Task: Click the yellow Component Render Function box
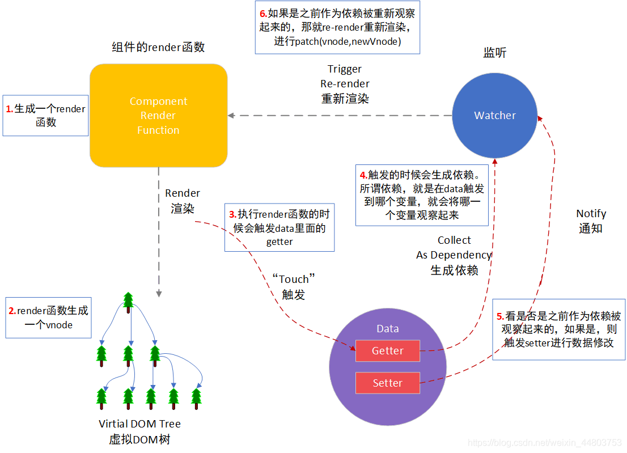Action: click(x=158, y=116)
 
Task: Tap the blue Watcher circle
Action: click(x=495, y=116)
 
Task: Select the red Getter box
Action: click(x=388, y=351)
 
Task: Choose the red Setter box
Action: click(x=388, y=383)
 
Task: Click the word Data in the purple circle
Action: click(x=388, y=329)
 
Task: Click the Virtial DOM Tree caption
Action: click(x=139, y=424)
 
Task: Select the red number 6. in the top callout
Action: click(x=263, y=14)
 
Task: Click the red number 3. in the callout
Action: click(x=232, y=215)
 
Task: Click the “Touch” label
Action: click(x=293, y=280)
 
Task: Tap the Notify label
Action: click(x=591, y=214)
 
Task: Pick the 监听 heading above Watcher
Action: click(x=494, y=53)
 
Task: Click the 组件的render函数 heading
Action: click(x=158, y=47)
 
